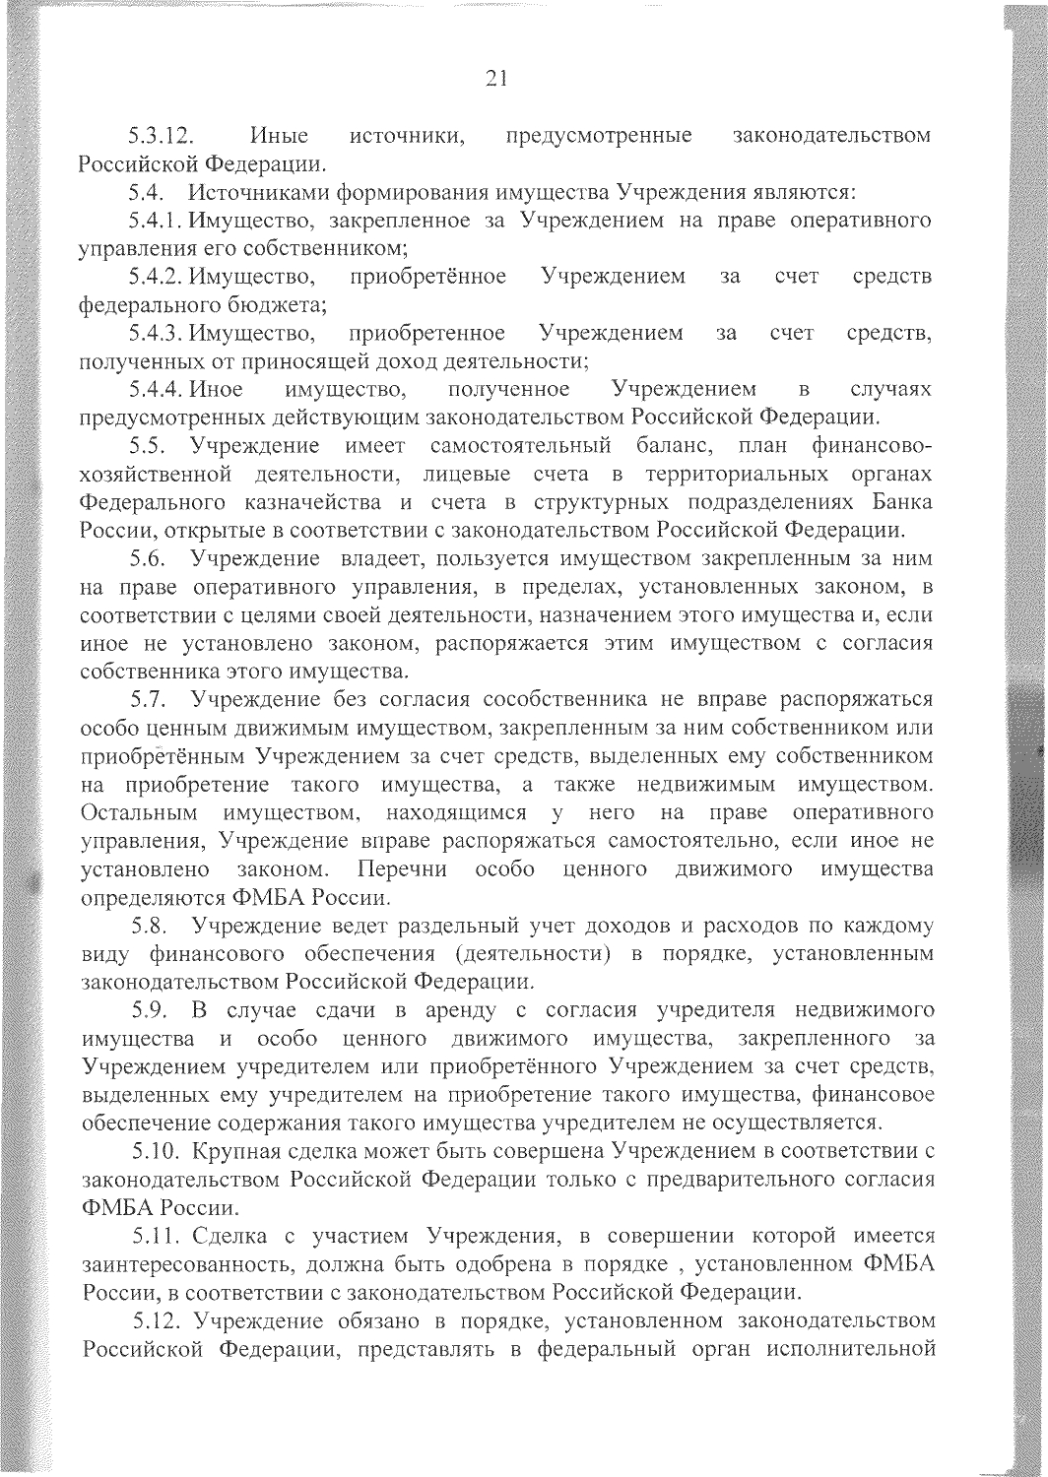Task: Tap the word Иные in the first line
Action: click(x=279, y=135)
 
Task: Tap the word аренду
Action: click(x=459, y=1011)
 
